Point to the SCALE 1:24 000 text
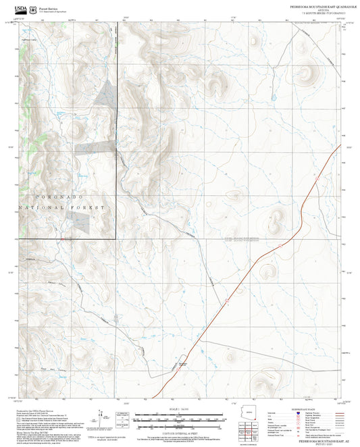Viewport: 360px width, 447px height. pos(180,410)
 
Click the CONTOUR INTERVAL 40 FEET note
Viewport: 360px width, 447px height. pos(180,433)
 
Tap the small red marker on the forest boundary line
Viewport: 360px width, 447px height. pos(63,238)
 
